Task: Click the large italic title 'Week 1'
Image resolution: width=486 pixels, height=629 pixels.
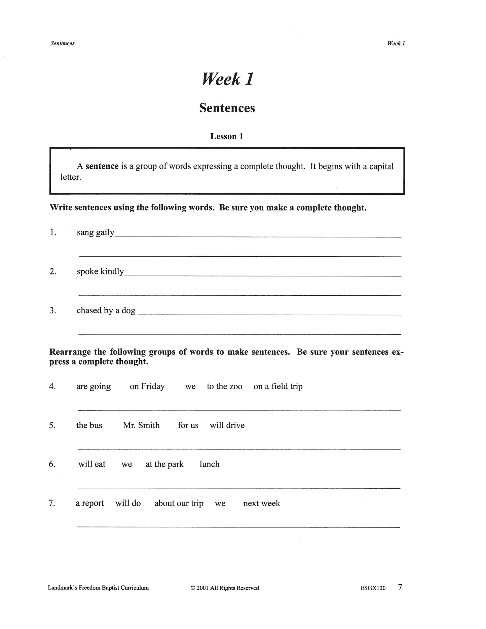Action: point(227,79)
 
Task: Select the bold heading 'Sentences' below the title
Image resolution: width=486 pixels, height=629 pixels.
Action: point(227,108)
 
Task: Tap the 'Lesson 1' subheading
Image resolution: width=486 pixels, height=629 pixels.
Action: point(227,136)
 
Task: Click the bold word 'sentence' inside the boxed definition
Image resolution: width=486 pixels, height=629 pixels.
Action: point(102,166)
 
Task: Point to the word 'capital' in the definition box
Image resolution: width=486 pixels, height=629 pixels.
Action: point(381,166)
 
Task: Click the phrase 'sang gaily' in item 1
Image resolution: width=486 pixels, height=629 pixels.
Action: point(96,233)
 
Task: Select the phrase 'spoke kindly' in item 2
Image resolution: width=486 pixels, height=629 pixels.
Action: point(100,271)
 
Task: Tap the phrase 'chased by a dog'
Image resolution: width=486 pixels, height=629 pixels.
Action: point(106,310)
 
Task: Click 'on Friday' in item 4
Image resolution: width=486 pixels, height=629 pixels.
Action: point(147,386)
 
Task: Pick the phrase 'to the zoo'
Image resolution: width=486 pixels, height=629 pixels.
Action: point(224,386)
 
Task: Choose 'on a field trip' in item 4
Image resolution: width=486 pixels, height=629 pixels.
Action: point(278,386)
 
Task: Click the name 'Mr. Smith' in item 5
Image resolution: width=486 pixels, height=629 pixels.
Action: point(141,425)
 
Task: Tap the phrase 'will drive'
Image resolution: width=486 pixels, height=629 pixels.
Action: point(227,425)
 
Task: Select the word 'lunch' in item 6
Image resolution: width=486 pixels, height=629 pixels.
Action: point(209,465)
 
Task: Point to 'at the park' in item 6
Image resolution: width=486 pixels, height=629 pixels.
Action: point(164,465)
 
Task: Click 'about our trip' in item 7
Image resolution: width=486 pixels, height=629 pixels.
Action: point(179,504)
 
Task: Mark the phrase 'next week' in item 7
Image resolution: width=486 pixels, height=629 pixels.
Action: point(262,504)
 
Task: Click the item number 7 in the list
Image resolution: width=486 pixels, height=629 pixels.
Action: point(52,504)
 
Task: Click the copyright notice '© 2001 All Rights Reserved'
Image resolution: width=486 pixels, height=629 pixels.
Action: point(225,588)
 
